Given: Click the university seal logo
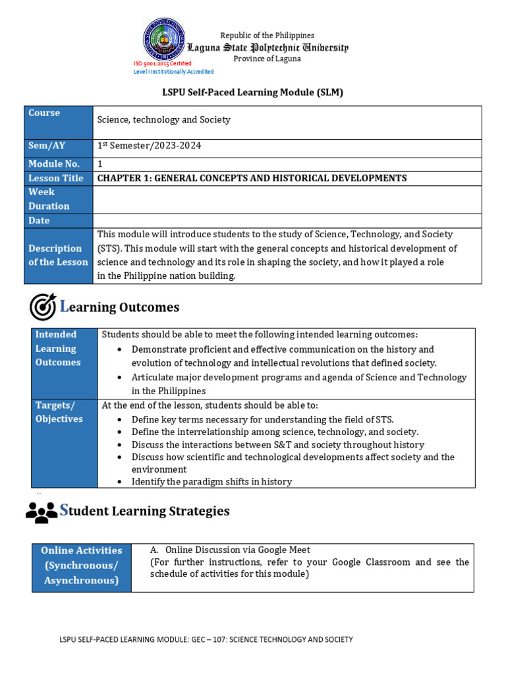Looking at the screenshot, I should point(164,39).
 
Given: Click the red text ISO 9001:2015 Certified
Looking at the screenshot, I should point(162,64).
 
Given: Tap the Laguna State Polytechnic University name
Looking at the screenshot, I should point(267,47).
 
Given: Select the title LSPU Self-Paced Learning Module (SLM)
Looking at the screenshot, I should point(253,92).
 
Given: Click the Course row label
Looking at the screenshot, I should point(44,113).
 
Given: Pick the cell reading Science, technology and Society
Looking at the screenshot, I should point(164,120).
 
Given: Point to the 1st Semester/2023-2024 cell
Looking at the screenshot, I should point(149,146).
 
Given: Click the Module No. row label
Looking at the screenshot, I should point(54,163).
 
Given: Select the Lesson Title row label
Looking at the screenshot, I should point(56,178).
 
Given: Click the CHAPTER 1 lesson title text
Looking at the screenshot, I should point(252,178).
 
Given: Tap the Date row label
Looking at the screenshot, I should point(39,221).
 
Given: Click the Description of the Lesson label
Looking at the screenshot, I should point(58,255).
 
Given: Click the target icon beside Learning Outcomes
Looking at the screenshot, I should point(43,307).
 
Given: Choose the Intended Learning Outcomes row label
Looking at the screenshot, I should point(58,349).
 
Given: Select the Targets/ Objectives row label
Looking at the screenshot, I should point(59,412).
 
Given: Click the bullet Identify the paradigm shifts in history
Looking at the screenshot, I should point(211,482).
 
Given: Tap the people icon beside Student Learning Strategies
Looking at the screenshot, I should point(42,512).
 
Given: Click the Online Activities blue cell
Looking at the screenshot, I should point(81,566).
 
